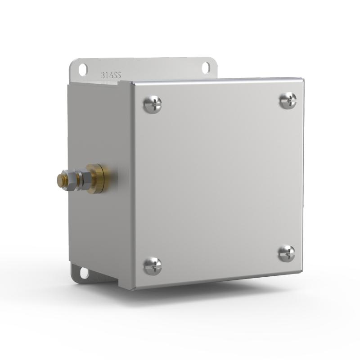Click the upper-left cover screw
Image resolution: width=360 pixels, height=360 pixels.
[152, 105]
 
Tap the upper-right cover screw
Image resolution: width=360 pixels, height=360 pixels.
[288, 100]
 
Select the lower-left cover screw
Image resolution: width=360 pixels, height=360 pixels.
[152, 266]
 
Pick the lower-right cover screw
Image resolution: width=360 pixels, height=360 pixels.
[286, 253]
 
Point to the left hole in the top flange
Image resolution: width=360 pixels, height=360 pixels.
[83, 69]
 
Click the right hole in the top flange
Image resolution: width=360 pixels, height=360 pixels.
[205, 67]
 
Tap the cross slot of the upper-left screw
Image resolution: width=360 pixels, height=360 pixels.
[152, 105]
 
